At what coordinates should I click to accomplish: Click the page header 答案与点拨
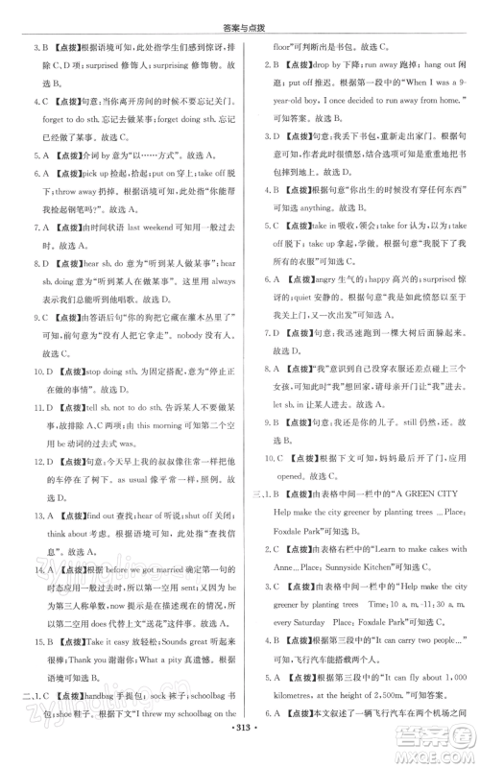click(x=240, y=13)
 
